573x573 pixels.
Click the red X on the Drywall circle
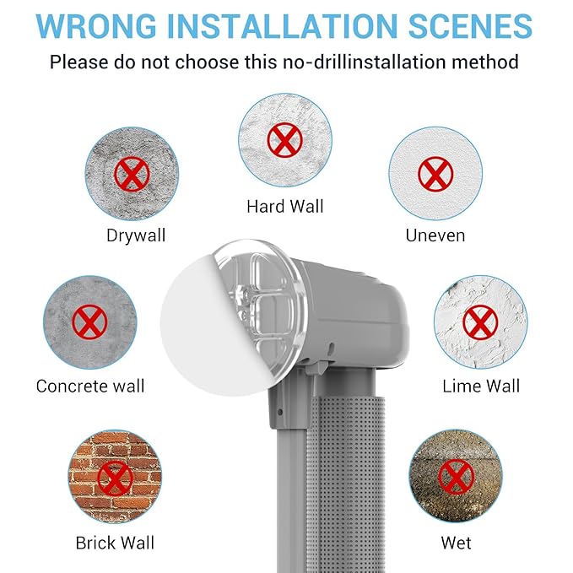point(132,175)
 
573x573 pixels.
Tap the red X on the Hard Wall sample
point(285,140)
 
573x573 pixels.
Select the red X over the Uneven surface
point(435,175)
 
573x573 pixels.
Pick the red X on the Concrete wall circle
point(90,322)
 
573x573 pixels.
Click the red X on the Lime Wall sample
point(480,322)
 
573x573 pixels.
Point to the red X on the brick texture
point(115,478)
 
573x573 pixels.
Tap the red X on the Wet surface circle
point(456,477)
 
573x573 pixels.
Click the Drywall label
point(136,235)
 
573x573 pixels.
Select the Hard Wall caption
point(285,207)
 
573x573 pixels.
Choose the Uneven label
point(435,235)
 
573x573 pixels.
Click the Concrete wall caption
point(90,387)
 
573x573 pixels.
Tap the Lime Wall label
point(481,387)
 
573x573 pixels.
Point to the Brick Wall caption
point(115,543)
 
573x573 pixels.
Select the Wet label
point(456,543)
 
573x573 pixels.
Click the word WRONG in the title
point(96,25)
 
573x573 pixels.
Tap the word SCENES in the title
point(470,25)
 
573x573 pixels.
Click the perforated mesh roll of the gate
point(345,483)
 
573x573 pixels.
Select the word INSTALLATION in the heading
point(282,25)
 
